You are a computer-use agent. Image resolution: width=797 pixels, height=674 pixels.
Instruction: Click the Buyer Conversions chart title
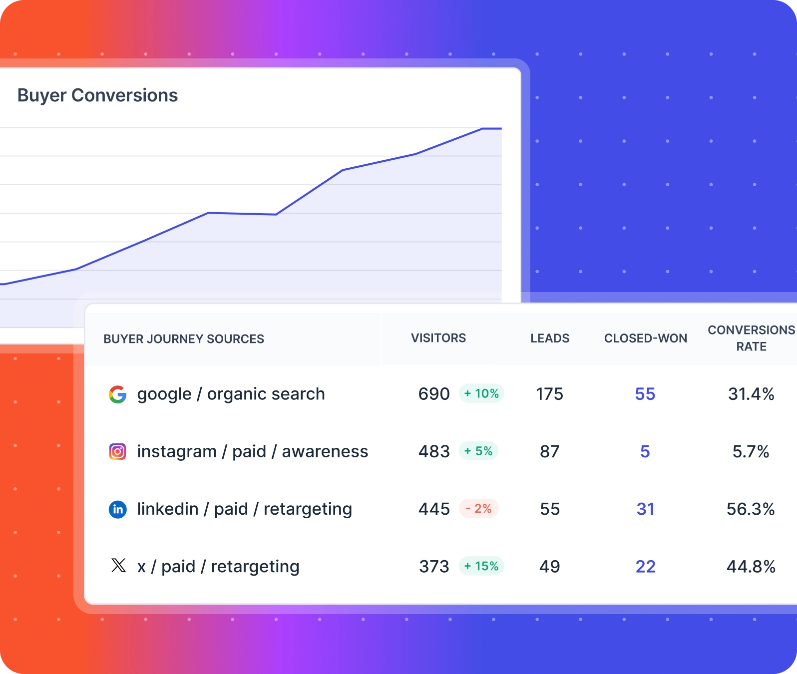97,95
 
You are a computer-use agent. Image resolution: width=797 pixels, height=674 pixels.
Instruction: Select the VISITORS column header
438,338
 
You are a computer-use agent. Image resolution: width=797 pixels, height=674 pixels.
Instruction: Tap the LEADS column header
549,338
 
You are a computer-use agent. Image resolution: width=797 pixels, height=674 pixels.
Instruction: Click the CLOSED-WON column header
645,338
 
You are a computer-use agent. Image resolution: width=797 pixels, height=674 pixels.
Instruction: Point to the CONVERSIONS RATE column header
751,338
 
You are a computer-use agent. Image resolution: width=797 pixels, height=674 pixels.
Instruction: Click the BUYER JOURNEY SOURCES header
183,339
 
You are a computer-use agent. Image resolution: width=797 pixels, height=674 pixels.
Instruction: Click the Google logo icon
118,394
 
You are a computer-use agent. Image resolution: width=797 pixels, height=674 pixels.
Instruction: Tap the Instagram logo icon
118,452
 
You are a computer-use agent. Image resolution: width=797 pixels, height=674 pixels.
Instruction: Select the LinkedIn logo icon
118,509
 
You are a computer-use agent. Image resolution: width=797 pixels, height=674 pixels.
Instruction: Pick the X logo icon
118,566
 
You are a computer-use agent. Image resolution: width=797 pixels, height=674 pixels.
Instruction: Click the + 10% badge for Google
481,393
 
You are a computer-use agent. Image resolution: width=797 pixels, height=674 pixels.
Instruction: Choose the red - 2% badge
478,509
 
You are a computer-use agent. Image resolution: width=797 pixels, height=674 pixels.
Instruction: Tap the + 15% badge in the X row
481,566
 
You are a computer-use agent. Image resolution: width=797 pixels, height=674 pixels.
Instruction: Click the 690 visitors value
434,394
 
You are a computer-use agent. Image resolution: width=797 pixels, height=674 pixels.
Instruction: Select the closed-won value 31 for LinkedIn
645,509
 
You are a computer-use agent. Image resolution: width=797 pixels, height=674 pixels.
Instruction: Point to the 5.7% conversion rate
751,452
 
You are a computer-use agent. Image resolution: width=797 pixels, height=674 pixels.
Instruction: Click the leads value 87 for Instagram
549,452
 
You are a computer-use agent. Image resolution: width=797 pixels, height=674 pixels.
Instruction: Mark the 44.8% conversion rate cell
751,567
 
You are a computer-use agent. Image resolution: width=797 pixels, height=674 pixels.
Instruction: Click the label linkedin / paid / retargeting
244,509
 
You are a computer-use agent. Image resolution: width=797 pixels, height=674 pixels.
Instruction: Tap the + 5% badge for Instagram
478,451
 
